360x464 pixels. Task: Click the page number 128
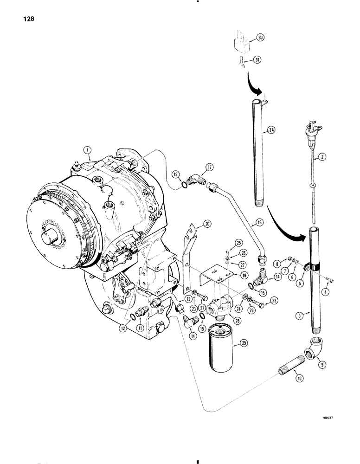pyautogui.click(x=26, y=19)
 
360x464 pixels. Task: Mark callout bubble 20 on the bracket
pyautogui.click(x=207, y=224)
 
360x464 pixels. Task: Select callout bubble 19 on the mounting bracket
pyautogui.click(x=239, y=274)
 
